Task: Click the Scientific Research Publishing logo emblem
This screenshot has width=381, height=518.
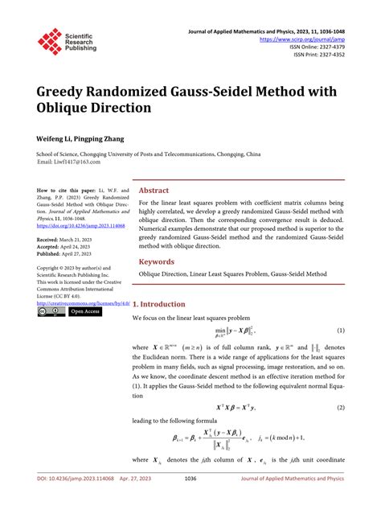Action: coord(50,41)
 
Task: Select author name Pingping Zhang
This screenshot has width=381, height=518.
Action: coord(105,138)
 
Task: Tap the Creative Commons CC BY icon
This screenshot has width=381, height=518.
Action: coord(51,311)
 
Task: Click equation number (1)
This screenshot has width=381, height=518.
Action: coord(340,331)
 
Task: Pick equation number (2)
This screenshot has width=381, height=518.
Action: coord(340,407)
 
